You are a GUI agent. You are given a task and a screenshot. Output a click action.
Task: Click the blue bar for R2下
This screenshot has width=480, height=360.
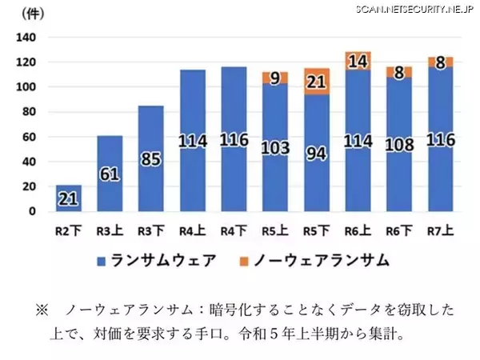tap(68, 198)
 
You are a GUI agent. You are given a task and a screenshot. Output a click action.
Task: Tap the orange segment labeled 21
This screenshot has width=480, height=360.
tap(317, 82)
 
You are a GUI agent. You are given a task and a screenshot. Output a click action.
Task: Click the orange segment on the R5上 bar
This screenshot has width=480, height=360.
tap(275, 78)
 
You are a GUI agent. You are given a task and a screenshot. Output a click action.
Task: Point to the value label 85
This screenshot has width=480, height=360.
tap(151, 160)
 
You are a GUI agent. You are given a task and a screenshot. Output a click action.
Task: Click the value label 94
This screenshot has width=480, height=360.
tap(317, 154)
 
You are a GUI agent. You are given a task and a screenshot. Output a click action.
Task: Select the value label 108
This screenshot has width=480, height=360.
tap(399, 146)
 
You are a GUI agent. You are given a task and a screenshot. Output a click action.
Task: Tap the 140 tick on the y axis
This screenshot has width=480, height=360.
tap(26, 38)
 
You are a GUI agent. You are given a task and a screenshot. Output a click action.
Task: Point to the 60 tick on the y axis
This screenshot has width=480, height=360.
tap(29, 137)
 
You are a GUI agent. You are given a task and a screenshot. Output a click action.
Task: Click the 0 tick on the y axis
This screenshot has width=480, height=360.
tap(32, 211)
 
